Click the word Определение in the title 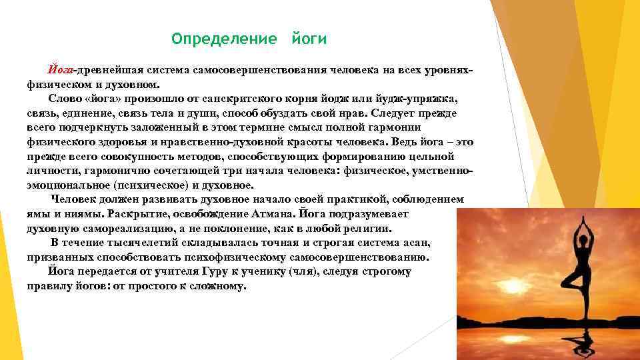coord(224,39)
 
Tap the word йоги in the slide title coord(309,39)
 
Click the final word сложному coord(217,287)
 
